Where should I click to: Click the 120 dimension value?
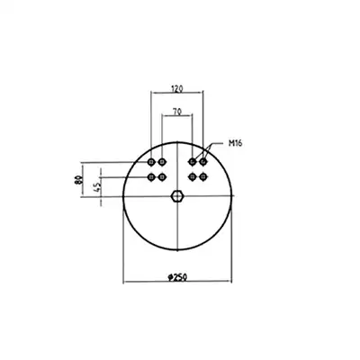pos(177,88)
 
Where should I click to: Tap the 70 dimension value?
pos(177,112)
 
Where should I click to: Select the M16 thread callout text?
pos(235,143)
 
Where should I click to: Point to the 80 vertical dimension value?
pos(79,180)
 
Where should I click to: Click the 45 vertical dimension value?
pos(98,187)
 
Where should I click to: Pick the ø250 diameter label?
pos(177,277)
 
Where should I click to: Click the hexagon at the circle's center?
pos(177,196)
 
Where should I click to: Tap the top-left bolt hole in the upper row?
pos(151,162)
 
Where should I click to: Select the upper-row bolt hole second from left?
pos(162,162)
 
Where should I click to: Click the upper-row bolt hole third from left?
pos(193,162)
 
